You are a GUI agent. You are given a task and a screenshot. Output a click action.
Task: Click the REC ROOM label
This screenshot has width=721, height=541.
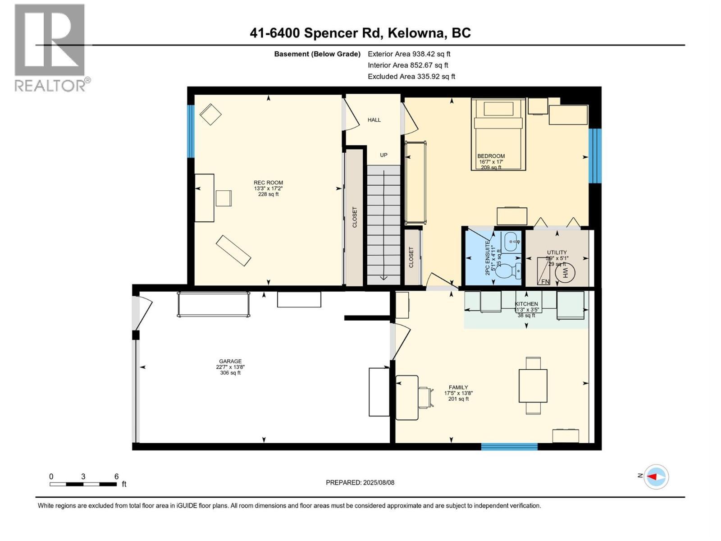pyautogui.click(x=268, y=183)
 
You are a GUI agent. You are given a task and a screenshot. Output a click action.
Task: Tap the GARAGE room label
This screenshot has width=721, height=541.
pyautogui.click(x=230, y=361)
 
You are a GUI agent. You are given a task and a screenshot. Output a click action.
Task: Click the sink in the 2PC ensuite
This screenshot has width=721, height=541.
pyautogui.click(x=511, y=242)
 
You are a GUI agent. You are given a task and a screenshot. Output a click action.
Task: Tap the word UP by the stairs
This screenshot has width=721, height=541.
pyautogui.click(x=383, y=155)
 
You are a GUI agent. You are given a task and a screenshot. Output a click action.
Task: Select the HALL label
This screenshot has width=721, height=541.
pyautogui.click(x=374, y=120)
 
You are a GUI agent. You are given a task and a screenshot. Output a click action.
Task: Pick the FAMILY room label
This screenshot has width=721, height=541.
pyautogui.click(x=458, y=387)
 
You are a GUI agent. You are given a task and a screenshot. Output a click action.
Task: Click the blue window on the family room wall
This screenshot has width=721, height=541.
pyautogui.click(x=509, y=447)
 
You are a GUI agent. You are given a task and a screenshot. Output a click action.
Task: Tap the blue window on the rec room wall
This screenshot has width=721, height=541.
pyautogui.click(x=191, y=131)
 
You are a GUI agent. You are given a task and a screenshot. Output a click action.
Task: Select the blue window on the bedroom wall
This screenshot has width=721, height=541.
pyautogui.click(x=595, y=156)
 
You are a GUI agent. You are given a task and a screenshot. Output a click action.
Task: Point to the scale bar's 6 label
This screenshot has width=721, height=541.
pyautogui.click(x=116, y=477)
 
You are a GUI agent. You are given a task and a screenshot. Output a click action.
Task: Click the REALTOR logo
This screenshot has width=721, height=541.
pyautogui.click(x=50, y=47)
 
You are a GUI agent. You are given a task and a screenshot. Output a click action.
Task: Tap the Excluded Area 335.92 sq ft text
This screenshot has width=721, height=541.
pyautogui.click(x=411, y=77)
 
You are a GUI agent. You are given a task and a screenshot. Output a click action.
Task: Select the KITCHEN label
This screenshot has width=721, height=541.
pyautogui.click(x=526, y=304)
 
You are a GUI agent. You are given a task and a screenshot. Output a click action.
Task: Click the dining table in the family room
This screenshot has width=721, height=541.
pyautogui.click(x=533, y=386)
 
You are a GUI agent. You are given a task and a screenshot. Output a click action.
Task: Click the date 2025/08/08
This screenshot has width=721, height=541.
pyautogui.click(x=378, y=482)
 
